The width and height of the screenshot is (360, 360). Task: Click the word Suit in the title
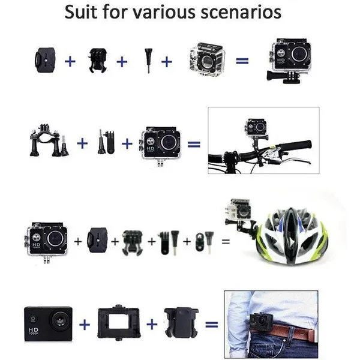[81, 12]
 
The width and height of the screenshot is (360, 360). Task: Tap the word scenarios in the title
[241, 13]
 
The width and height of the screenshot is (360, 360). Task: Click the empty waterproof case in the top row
[207, 59]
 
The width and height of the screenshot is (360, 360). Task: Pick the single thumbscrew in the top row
[148, 61]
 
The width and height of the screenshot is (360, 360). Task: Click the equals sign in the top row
[242, 61]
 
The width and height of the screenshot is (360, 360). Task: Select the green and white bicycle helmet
[292, 236]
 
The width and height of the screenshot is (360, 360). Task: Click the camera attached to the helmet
[239, 209]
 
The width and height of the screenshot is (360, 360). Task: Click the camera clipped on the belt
[261, 321]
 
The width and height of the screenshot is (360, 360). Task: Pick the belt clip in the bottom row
[181, 322]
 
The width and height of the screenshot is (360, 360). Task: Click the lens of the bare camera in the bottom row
[61, 320]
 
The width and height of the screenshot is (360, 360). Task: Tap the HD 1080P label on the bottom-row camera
[34, 331]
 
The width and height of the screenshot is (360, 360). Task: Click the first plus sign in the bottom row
[85, 325]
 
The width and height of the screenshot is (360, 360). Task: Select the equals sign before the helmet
[226, 241]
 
